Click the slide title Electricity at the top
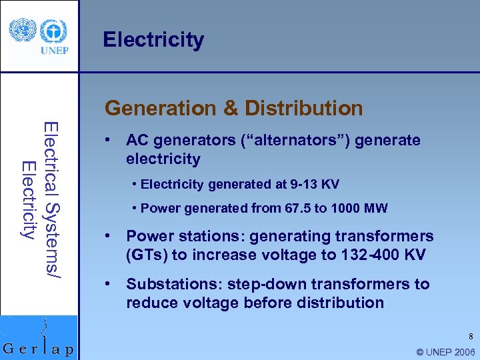tap(153, 40)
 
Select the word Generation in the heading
tap(160, 108)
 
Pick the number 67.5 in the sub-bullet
tap(279, 208)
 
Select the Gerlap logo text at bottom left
tap(39, 349)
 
